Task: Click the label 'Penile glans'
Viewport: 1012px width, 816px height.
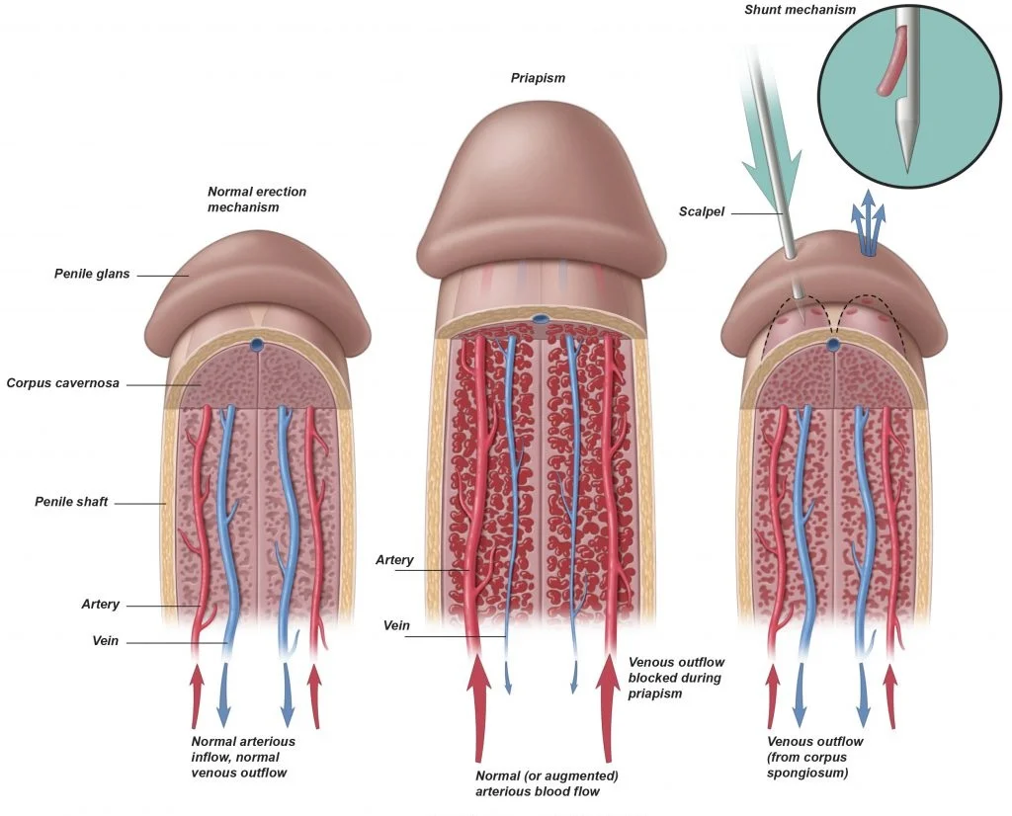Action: tap(92, 274)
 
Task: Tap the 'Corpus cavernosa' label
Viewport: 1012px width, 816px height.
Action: tap(62, 382)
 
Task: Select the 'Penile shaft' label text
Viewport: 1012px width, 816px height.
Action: tap(70, 503)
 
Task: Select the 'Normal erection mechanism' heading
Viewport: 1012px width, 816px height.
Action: tap(257, 200)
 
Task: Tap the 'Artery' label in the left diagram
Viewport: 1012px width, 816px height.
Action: tap(101, 605)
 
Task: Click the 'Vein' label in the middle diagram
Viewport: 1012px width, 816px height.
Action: tap(394, 625)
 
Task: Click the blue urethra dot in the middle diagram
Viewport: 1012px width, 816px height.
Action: tap(541, 319)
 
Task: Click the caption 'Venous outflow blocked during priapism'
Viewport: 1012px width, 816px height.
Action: tap(675, 678)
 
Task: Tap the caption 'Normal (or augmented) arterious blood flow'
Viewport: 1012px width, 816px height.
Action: tap(547, 782)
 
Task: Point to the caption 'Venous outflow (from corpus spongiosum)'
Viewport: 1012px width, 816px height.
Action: tap(814, 757)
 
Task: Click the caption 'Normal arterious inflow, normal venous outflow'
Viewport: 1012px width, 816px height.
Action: tap(243, 757)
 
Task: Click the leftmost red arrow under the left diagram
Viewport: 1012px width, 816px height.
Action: tap(198, 695)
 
